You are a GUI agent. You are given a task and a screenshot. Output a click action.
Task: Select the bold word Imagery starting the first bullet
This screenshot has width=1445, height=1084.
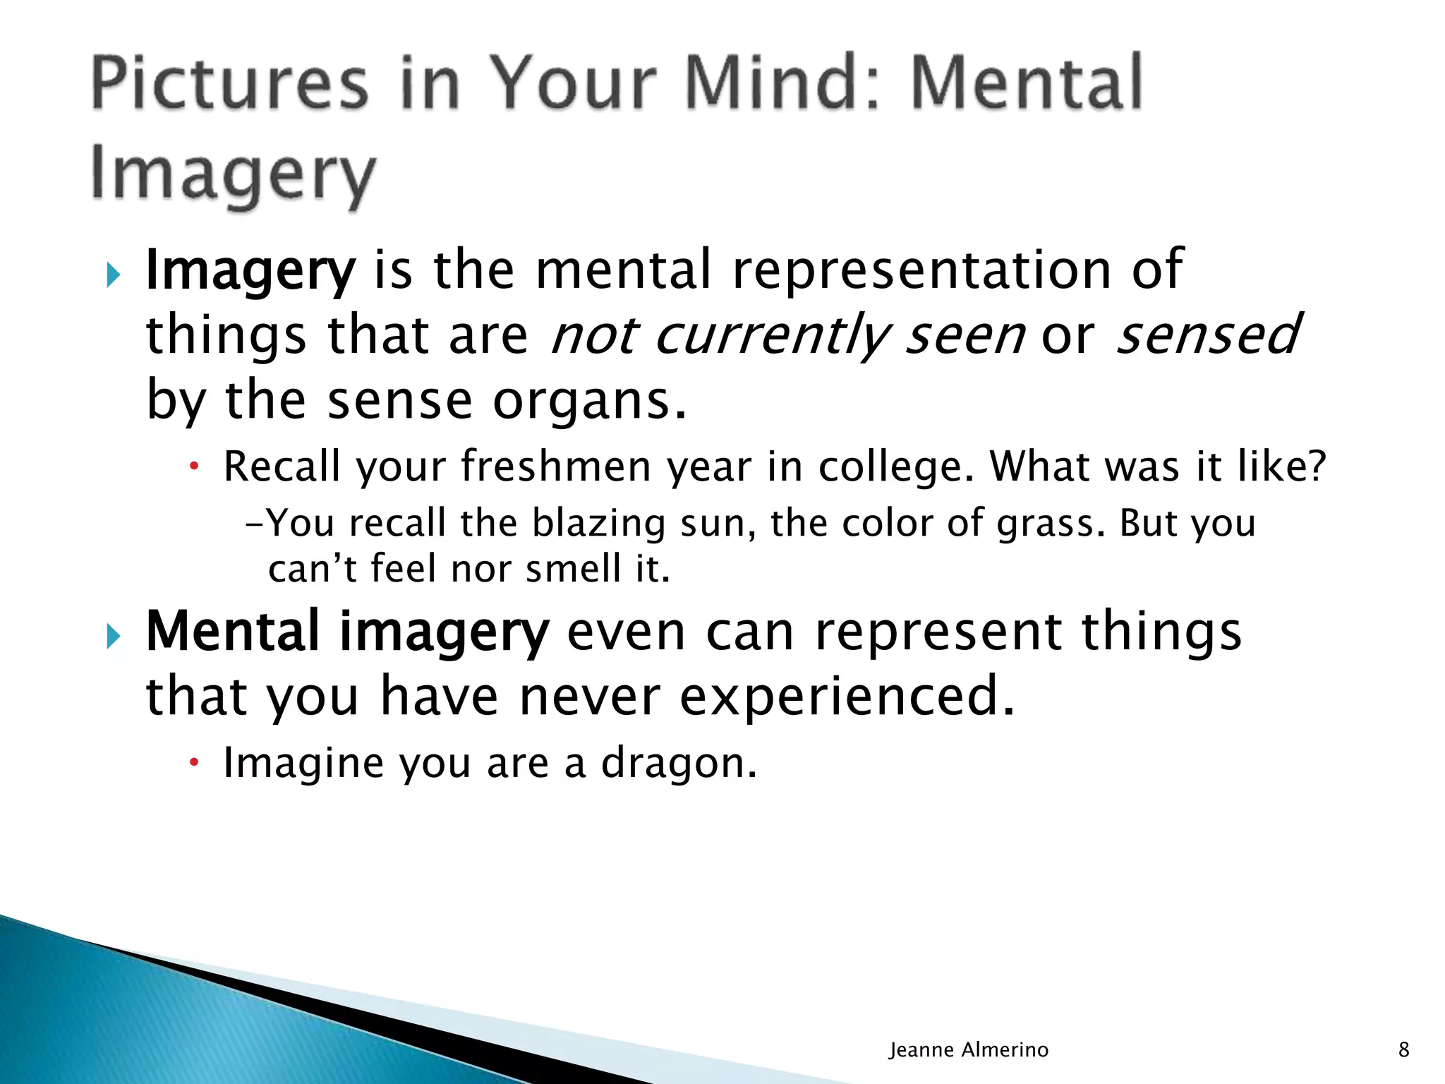click(x=250, y=271)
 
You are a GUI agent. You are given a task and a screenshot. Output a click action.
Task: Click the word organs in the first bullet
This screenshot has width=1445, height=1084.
click(x=590, y=401)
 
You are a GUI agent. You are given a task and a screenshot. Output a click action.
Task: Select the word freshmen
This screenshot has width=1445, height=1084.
click(x=556, y=466)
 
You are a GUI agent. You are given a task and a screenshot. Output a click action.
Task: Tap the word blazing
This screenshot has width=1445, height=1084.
click(x=598, y=524)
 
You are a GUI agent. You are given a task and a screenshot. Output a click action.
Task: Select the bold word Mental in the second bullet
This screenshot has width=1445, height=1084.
click(x=233, y=631)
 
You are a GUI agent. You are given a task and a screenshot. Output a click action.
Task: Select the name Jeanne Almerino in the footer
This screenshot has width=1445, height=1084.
click(x=968, y=1050)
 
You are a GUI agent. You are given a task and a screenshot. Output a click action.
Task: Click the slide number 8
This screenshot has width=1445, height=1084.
click(x=1403, y=1050)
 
